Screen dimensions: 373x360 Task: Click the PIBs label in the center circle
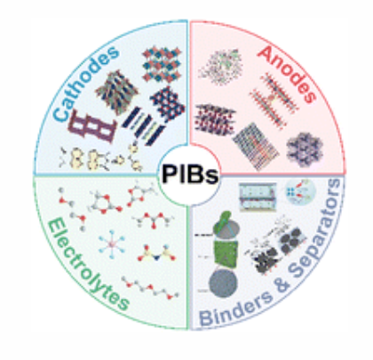coord(190,174)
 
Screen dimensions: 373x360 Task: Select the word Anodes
coord(287,74)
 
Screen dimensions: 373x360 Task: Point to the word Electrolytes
coord(87,265)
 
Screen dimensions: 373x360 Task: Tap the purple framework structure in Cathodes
coord(91,125)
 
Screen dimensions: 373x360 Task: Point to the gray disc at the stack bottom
coord(223,283)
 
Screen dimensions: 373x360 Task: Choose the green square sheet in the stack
coord(226,252)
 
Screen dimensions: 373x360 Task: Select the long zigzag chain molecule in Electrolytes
coord(150,287)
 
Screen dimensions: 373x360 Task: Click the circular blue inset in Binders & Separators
coord(300,192)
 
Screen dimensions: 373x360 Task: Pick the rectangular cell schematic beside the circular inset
coord(258,196)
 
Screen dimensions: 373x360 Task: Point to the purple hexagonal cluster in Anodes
coord(305,149)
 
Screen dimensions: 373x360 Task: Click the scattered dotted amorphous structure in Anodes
coord(220,67)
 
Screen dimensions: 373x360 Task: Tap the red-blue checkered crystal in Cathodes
coord(162,65)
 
